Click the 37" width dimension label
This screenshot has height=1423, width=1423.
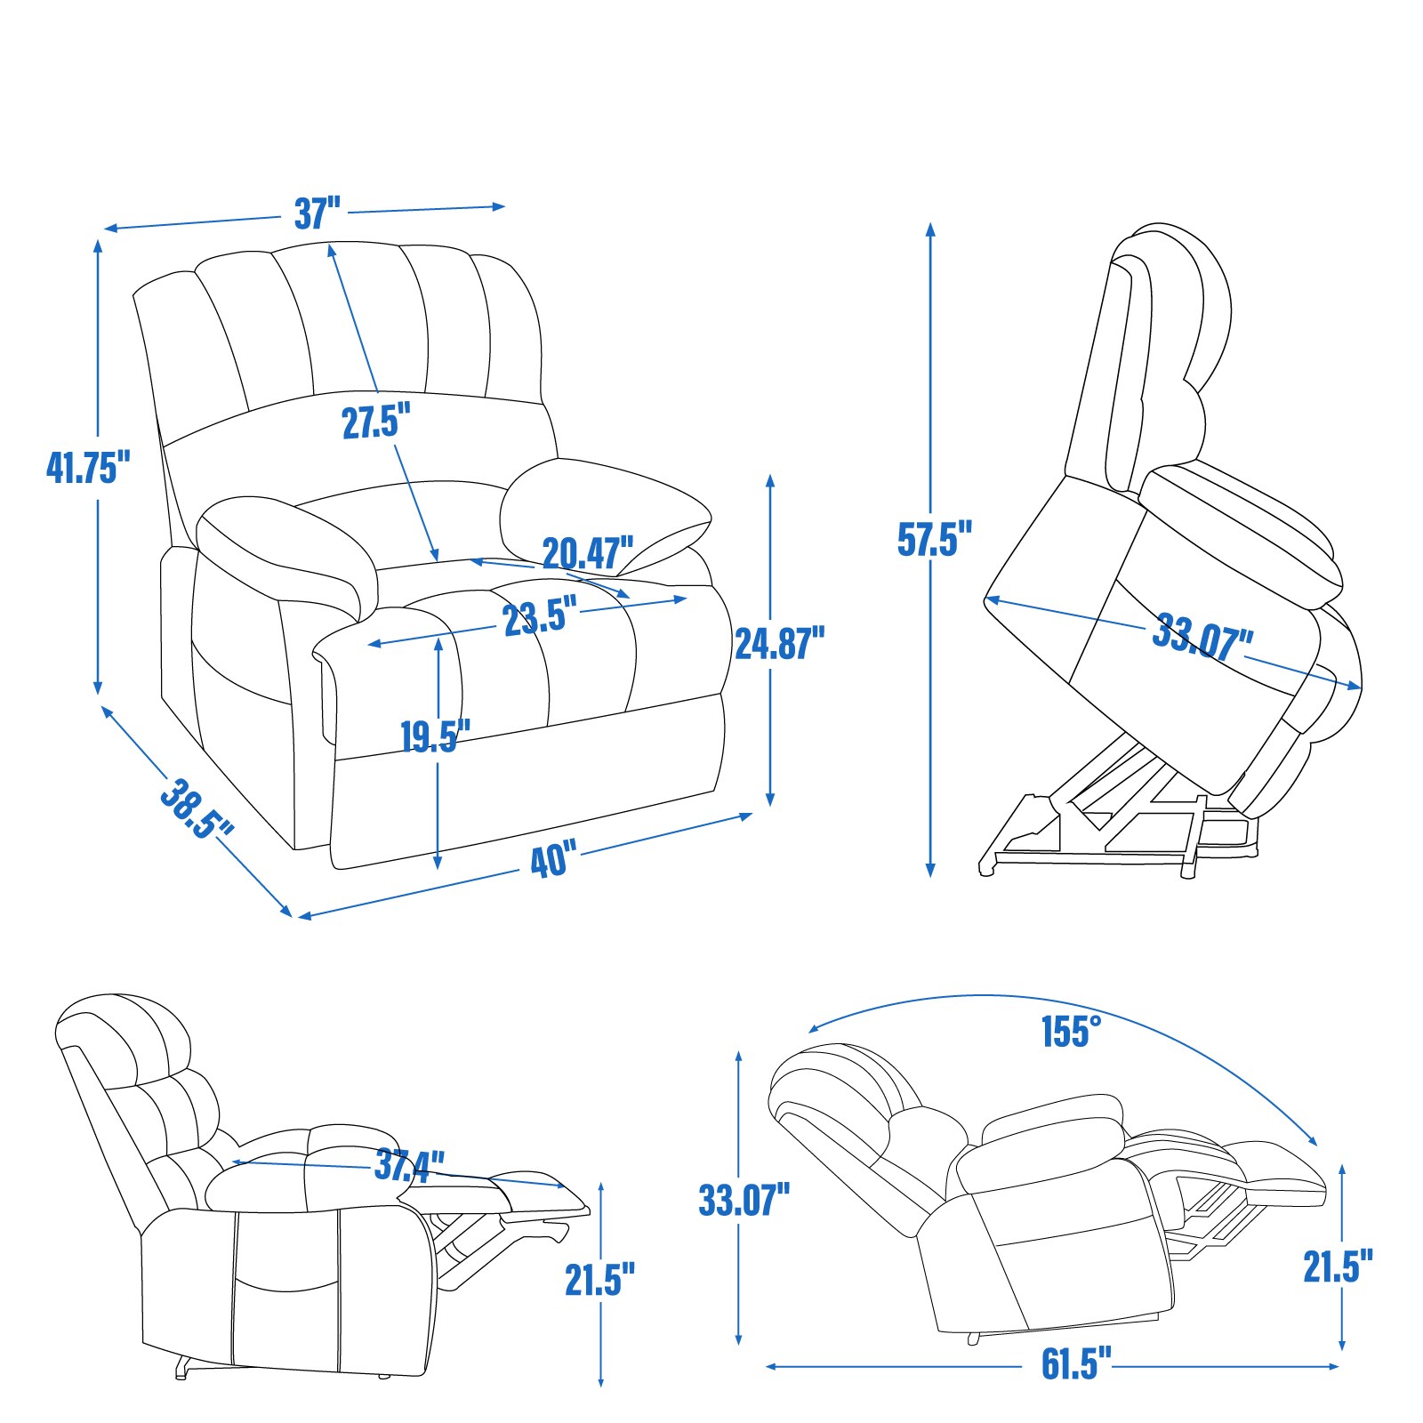click(318, 213)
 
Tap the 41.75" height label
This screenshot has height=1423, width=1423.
click(88, 466)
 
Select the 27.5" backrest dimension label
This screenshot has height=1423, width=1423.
click(376, 422)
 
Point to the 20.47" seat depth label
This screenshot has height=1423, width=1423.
click(588, 553)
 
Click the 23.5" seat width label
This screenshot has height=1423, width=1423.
click(540, 616)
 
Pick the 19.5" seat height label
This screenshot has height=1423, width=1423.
click(434, 736)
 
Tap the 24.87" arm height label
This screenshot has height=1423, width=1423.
click(779, 643)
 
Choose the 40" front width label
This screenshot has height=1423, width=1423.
click(553, 860)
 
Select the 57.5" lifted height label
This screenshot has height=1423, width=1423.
click(934, 539)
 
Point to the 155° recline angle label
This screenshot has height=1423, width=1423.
click(1071, 1032)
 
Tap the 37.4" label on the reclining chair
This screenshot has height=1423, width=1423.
click(408, 1164)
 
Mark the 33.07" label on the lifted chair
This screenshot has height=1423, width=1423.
click(1202, 636)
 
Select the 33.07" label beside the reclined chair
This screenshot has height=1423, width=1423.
click(744, 1200)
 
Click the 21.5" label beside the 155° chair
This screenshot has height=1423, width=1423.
click(1338, 1266)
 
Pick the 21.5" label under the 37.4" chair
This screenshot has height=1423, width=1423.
click(599, 1279)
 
